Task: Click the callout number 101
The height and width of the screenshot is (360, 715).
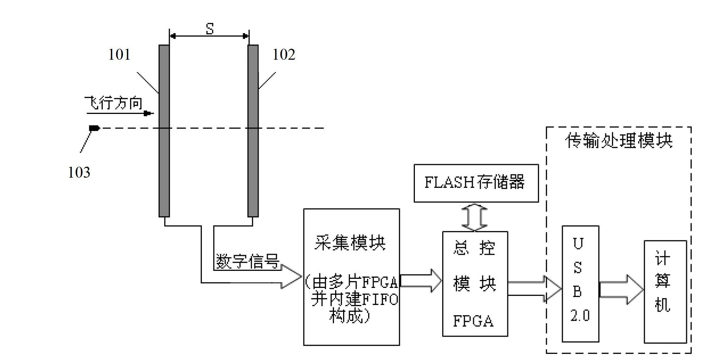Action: point(119,55)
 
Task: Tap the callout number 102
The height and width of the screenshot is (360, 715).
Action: point(284,55)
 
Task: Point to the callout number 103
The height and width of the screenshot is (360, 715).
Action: point(79,172)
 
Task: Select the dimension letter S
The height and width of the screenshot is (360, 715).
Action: point(209,28)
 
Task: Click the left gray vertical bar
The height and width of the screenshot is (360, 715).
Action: point(164,131)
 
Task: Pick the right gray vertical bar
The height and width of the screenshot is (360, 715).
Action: point(253,131)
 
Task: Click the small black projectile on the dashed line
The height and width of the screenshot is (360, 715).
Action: point(94,128)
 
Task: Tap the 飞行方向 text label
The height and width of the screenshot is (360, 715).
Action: point(113,103)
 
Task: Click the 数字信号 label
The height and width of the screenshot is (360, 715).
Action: point(248,261)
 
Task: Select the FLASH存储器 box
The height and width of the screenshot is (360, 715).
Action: point(476,183)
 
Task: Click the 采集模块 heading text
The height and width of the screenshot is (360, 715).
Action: point(350,242)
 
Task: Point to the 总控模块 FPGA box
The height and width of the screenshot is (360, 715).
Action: point(475,284)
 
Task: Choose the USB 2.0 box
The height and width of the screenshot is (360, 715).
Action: point(580,284)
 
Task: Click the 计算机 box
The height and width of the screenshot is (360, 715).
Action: point(665,292)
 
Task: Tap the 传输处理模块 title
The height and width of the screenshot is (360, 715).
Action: point(619,141)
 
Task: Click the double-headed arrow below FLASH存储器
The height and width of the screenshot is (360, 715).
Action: point(475,217)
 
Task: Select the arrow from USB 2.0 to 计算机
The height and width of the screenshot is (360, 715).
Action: point(621,290)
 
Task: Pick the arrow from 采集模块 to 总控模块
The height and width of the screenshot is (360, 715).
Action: point(421,281)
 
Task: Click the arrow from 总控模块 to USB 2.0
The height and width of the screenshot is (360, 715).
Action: point(535,289)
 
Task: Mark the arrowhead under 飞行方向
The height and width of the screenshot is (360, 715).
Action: point(148,114)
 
